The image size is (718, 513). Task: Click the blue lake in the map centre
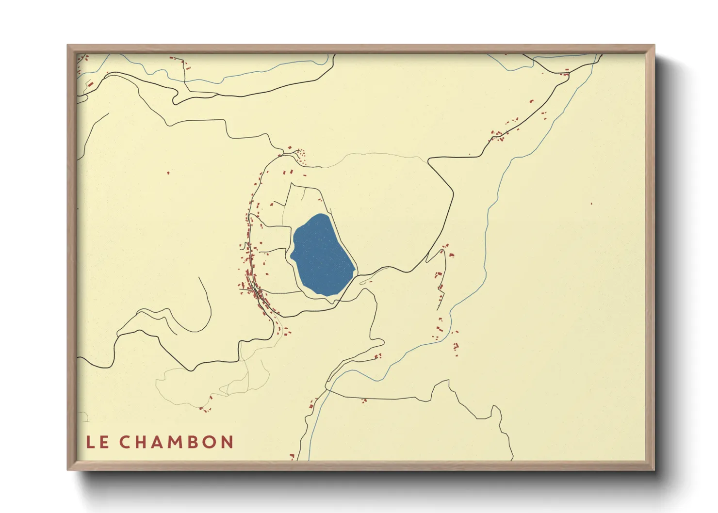click(322, 255)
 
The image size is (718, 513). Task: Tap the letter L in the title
click(91, 442)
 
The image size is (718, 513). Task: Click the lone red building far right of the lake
click(591, 203)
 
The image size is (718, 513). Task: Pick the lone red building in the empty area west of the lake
click(168, 172)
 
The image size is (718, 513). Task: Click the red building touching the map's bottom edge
click(292, 456)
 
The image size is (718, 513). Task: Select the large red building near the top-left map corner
click(90, 84)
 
